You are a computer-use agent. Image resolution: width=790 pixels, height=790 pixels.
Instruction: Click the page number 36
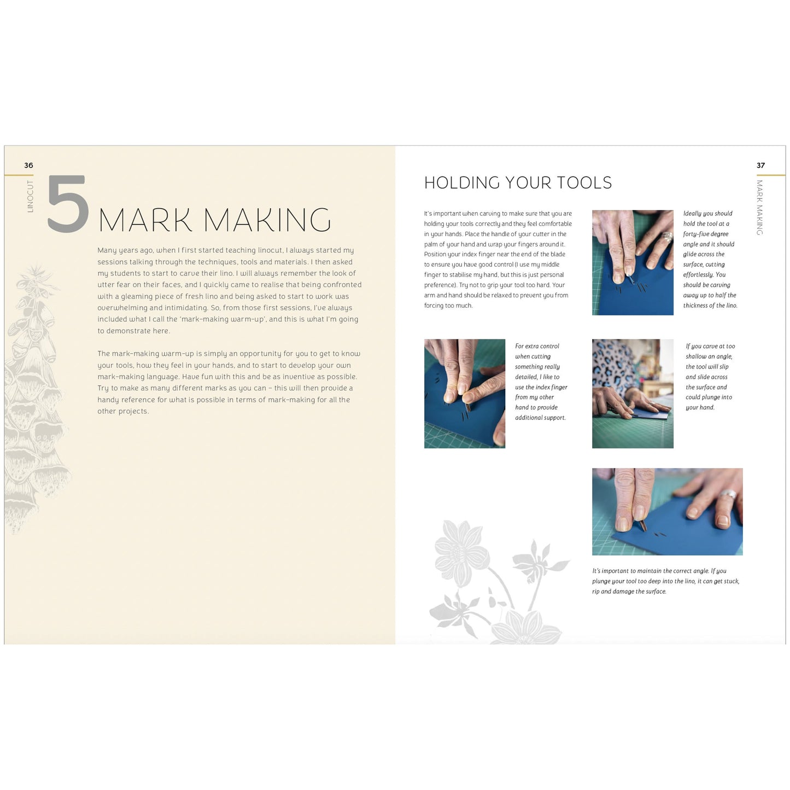point(28,165)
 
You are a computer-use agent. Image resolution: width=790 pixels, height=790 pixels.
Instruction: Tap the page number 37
point(760,165)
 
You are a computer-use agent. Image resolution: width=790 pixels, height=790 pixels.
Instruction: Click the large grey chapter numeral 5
point(68,204)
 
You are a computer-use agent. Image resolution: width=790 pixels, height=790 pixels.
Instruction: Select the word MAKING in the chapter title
point(267,220)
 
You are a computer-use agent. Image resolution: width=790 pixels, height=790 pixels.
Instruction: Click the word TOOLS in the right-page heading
point(584,183)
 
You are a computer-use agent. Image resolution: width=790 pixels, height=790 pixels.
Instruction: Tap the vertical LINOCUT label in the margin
point(30,196)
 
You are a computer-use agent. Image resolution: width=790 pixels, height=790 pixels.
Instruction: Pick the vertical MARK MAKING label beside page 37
point(759,208)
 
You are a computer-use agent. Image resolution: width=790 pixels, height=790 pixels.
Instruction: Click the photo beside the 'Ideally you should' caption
point(633,262)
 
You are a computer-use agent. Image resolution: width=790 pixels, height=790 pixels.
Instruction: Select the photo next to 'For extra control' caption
point(465,394)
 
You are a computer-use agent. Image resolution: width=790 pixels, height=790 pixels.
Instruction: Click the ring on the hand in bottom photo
point(728,495)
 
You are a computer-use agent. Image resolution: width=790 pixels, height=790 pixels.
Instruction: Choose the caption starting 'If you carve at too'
point(710,377)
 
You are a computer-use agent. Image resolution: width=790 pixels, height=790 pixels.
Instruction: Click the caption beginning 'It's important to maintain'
point(665,581)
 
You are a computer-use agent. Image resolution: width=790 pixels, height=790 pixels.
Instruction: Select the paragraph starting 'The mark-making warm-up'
point(229,382)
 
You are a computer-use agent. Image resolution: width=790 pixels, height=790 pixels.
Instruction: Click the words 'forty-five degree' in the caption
point(705,234)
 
